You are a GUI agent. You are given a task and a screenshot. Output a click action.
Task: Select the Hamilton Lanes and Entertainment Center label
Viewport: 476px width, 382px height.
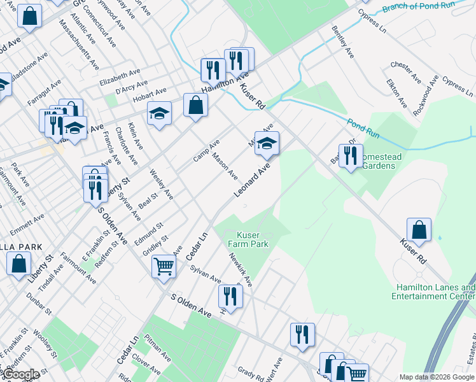[435, 292]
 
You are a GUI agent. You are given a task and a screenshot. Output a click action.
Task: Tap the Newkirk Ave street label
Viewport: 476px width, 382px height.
[241, 271]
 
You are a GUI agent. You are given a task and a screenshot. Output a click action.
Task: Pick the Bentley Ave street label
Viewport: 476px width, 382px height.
[342, 43]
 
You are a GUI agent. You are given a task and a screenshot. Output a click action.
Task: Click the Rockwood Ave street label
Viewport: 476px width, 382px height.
[426, 95]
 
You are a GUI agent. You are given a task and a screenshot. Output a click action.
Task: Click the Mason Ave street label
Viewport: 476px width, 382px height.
[225, 166]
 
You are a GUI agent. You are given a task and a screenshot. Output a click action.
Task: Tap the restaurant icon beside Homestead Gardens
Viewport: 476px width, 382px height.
[350, 155]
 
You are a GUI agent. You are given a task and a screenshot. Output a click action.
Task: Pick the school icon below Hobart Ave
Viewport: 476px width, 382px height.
[159, 113]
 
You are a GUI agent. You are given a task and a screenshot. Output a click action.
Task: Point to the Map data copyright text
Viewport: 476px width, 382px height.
[437, 377]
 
